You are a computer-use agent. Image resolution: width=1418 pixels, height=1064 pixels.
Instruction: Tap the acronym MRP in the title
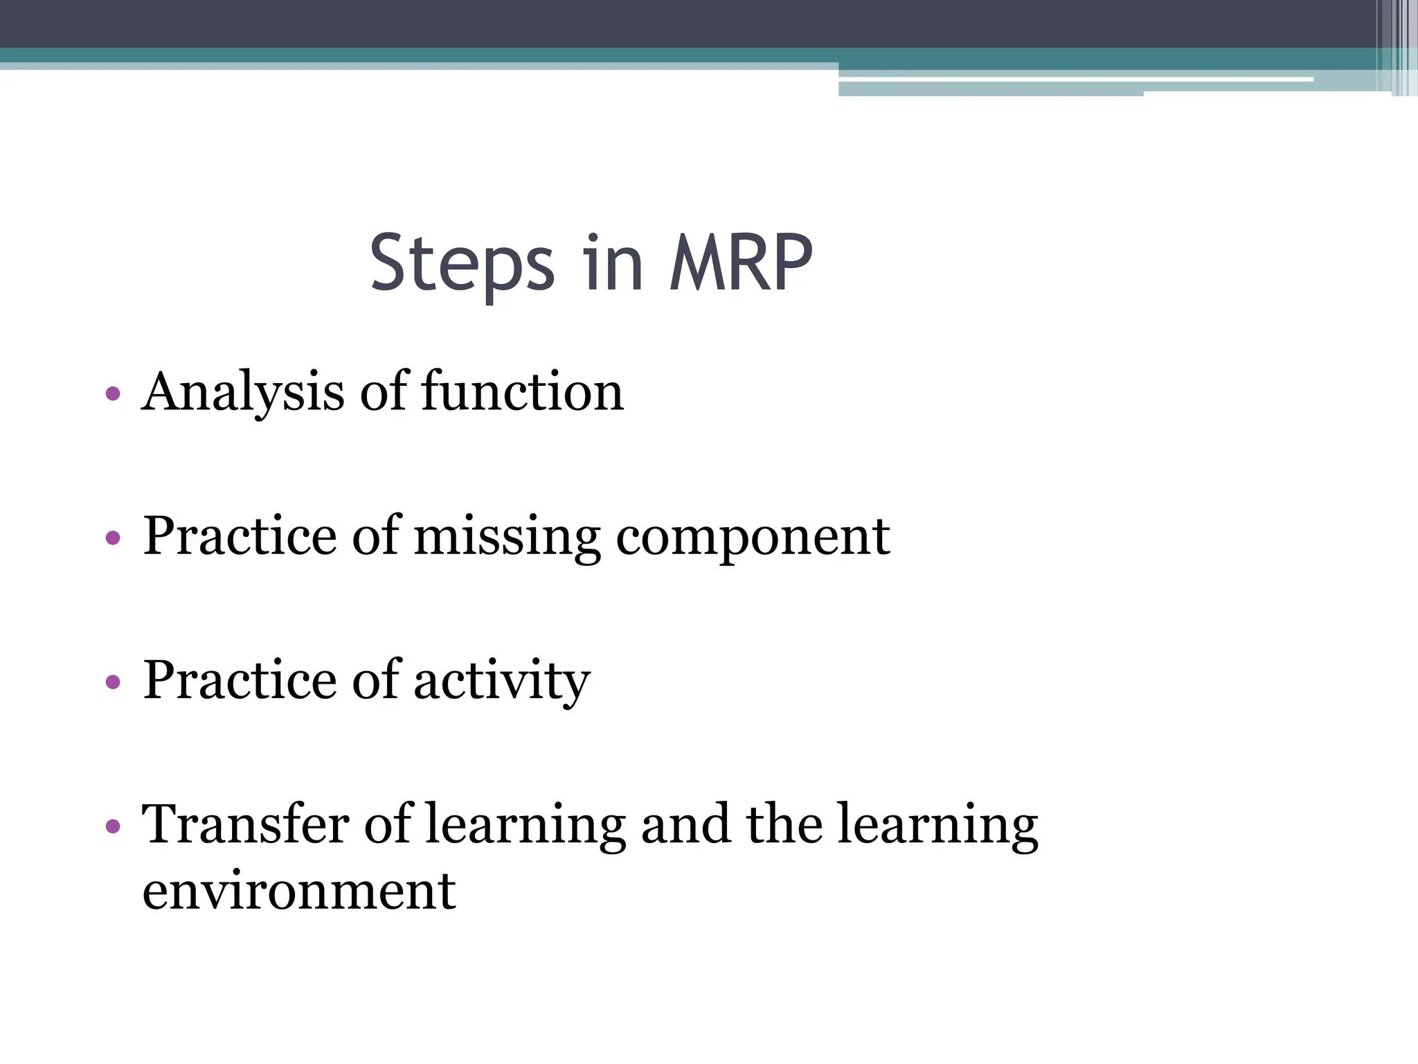740,263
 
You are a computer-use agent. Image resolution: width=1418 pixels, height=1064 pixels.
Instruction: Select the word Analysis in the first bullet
242,392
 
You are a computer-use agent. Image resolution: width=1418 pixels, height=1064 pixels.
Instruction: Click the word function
523,392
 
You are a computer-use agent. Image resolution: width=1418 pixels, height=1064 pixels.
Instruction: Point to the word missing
507,537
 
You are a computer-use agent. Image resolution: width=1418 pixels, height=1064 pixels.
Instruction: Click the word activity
502,681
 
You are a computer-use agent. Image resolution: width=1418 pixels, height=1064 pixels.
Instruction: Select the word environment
299,892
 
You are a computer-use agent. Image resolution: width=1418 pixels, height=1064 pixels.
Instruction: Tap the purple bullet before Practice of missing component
113,538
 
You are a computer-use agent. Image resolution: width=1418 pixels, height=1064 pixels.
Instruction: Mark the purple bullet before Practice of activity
113,682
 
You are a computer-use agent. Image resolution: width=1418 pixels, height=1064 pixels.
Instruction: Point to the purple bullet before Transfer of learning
113,826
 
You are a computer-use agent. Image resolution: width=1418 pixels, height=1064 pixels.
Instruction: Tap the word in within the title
612,263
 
